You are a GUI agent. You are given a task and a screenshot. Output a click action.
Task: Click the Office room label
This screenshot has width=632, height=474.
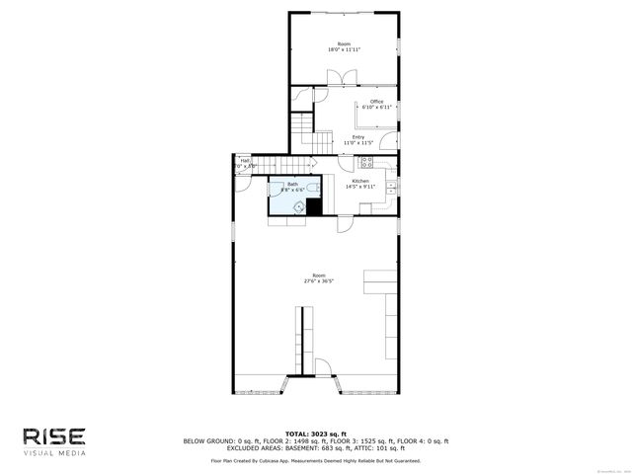(x=376, y=102)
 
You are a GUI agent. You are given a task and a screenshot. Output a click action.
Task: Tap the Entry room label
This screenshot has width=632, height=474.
(x=357, y=137)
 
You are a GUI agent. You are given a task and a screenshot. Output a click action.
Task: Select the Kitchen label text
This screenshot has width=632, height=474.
(x=361, y=182)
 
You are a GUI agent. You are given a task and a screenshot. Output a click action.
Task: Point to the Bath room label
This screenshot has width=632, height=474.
(x=292, y=184)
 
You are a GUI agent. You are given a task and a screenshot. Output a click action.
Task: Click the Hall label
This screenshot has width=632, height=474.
(x=245, y=161)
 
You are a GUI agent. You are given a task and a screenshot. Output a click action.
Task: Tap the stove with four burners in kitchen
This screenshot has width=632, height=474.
(x=366, y=160)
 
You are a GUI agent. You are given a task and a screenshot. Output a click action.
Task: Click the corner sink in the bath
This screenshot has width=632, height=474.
(x=299, y=206)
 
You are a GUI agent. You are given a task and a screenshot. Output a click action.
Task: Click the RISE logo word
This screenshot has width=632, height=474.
(x=55, y=436)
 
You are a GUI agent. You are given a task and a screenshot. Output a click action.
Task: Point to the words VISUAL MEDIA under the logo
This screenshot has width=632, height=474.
(x=55, y=453)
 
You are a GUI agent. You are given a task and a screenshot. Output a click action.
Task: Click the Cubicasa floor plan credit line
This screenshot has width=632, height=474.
(x=316, y=460)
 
